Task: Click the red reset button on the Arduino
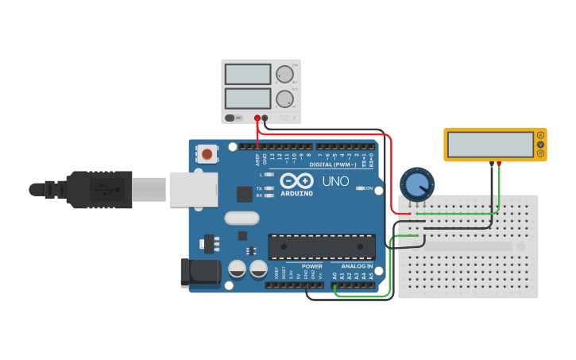[x=207, y=153]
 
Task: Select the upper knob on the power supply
[x=284, y=75]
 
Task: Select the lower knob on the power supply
[x=284, y=99]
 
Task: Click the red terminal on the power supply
[x=257, y=118]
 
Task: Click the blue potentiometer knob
[x=416, y=184]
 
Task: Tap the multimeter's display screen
[x=489, y=144]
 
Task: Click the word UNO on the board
[x=335, y=182]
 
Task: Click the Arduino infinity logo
[x=296, y=181]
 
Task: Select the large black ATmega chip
[x=321, y=246]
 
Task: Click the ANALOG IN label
[x=357, y=266]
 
